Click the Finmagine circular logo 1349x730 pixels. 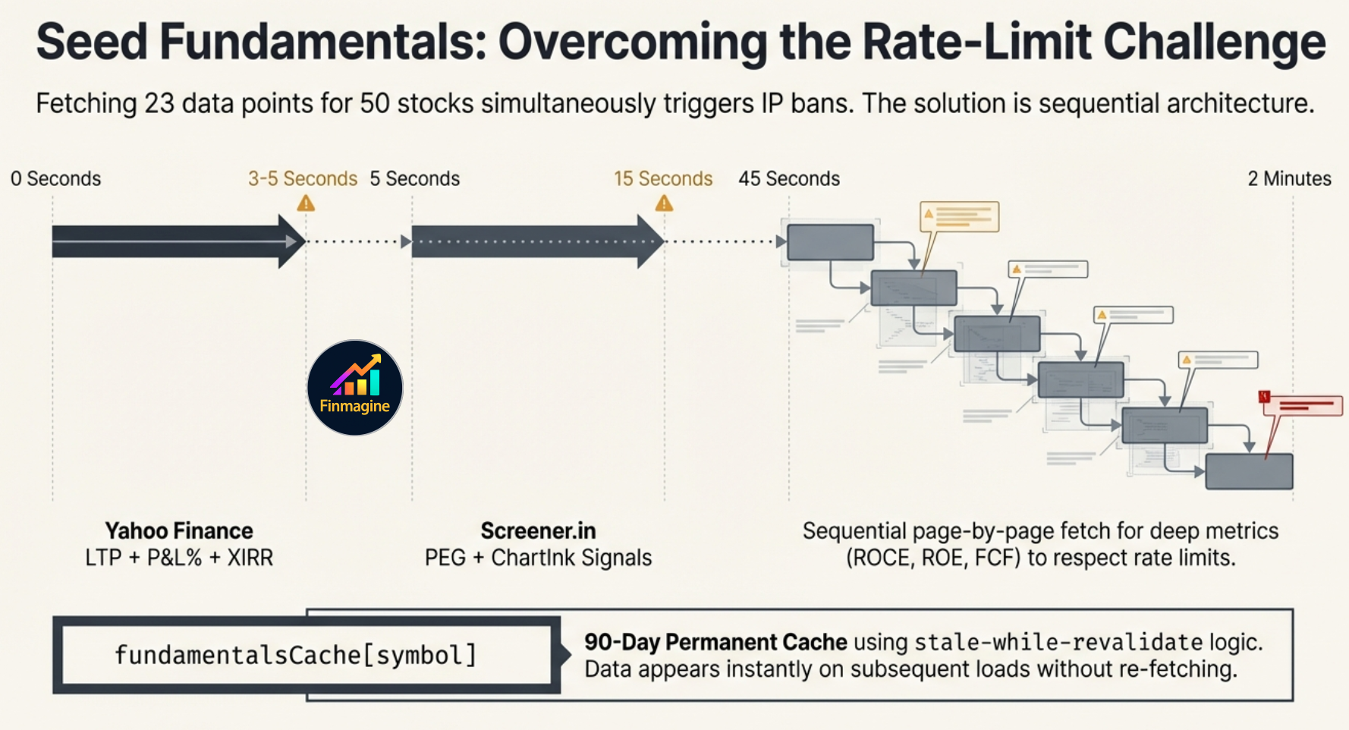[x=354, y=388]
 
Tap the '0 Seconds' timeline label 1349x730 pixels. [x=55, y=178]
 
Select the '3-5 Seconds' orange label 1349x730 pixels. [x=302, y=178]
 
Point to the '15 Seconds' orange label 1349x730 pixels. [x=663, y=178]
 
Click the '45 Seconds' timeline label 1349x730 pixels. [x=789, y=178]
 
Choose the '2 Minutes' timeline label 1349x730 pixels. [x=1289, y=178]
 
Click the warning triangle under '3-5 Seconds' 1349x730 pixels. [x=306, y=203]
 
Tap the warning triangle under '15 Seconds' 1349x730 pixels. [x=664, y=203]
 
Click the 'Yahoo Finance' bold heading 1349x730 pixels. [x=179, y=530]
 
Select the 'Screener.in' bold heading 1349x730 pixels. [x=538, y=530]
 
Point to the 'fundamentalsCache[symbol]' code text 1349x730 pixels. [x=295, y=655]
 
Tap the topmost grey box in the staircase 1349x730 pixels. [x=830, y=242]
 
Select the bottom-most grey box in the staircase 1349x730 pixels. [x=1249, y=471]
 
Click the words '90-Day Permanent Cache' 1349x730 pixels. [x=715, y=642]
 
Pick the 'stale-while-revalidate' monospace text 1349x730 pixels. [x=1058, y=643]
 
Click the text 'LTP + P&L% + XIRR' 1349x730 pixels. [x=179, y=558]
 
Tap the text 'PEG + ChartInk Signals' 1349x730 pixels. [x=538, y=558]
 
